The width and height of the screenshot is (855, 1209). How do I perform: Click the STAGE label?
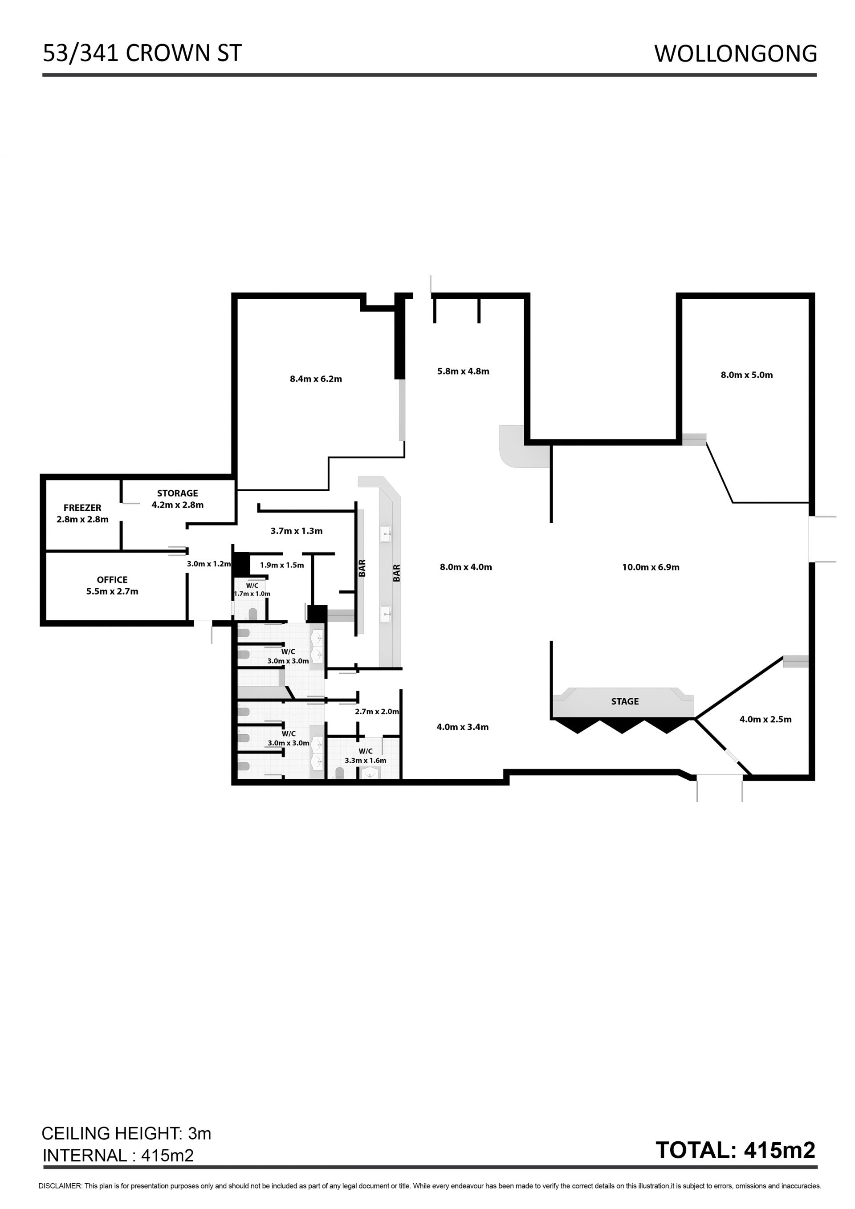(625, 701)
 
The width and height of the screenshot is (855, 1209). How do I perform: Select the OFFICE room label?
(112, 579)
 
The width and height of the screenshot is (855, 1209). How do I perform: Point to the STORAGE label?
(177, 493)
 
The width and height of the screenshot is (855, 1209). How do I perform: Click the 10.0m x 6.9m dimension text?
(651, 567)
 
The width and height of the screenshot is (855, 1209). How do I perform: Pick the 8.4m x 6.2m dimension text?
(316, 379)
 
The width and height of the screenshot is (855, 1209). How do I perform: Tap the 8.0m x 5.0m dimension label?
(746, 375)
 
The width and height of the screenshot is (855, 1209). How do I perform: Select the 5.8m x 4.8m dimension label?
(463, 371)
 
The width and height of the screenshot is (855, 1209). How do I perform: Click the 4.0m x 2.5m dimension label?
(765, 719)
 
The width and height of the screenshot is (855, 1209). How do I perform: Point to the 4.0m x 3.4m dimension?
(463, 727)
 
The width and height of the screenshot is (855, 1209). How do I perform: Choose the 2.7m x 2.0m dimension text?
(377, 712)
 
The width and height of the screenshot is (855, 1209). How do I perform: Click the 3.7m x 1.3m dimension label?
(297, 531)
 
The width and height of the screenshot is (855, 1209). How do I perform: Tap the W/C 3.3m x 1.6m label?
(365, 756)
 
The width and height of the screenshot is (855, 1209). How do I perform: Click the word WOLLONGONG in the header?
(736, 54)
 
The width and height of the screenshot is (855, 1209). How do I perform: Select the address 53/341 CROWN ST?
(142, 53)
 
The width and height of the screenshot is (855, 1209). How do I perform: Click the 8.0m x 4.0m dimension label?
(466, 567)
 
